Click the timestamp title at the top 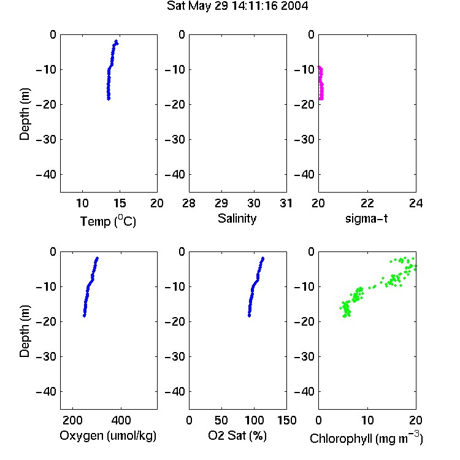pyautogui.click(x=237, y=6)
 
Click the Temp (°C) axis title pyautogui.click(x=108, y=221)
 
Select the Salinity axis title pyautogui.click(x=237, y=218)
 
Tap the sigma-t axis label pyautogui.click(x=366, y=218)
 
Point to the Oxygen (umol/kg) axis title pyautogui.click(x=108, y=435)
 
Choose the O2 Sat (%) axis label pyautogui.click(x=237, y=435)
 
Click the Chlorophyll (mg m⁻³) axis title pyautogui.click(x=366, y=438)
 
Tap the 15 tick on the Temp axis pyautogui.click(x=120, y=203)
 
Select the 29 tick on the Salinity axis pyautogui.click(x=221, y=203)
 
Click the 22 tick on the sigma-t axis pyautogui.click(x=367, y=203)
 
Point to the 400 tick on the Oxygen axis pyautogui.click(x=121, y=420)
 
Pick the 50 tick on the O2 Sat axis pyautogui.click(x=221, y=420)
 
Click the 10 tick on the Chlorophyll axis pyautogui.click(x=367, y=420)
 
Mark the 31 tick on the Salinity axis pyautogui.click(x=286, y=203)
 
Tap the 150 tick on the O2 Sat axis pyautogui.click(x=286, y=420)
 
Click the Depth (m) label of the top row pyautogui.click(x=25, y=114)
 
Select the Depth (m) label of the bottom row pyautogui.click(x=25, y=331)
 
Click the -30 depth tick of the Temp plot pyautogui.click(x=46, y=139)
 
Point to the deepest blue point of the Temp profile pyautogui.click(x=109, y=99)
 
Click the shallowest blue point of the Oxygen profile pyautogui.click(x=97, y=258)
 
